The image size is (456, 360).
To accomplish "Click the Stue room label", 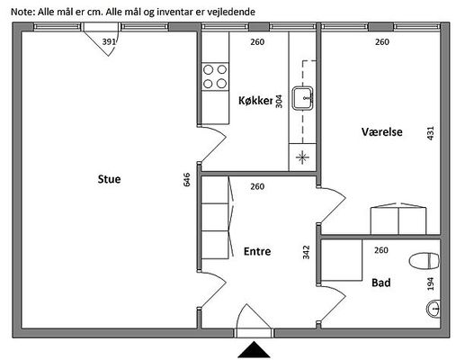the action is click(x=109, y=179).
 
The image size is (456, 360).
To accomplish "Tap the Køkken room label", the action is click(x=256, y=101).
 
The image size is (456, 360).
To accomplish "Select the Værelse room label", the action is click(x=381, y=131).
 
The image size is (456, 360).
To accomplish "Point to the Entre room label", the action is click(x=257, y=251).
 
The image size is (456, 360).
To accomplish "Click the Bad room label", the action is click(x=381, y=283).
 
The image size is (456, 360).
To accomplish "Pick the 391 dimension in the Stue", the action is click(x=109, y=41).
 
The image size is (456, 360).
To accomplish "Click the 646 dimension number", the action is click(x=186, y=180).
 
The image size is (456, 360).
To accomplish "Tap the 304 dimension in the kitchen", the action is click(x=279, y=101).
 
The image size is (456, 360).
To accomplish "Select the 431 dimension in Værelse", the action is click(x=430, y=133).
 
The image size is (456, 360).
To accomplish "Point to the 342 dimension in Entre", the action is click(x=306, y=252).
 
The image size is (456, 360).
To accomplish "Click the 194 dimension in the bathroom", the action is click(x=431, y=283).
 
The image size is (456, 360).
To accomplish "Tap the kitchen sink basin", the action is click(x=303, y=98).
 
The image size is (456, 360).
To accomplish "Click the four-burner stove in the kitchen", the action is click(x=215, y=76).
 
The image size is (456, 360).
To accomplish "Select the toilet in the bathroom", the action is click(x=425, y=261).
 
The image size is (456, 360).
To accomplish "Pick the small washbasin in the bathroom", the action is click(x=434, y=309).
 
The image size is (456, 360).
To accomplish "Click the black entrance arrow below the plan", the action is click(x=254, y=349).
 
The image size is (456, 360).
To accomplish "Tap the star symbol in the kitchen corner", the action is click(x=302, y=157).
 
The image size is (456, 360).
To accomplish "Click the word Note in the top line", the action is click(x=22, y=12).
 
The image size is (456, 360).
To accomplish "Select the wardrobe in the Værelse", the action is click(x=398, y=219).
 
